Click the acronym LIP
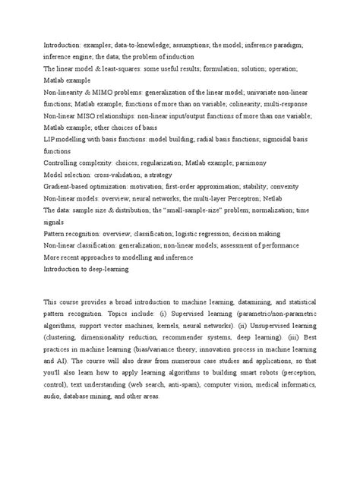[x=51, y=140]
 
